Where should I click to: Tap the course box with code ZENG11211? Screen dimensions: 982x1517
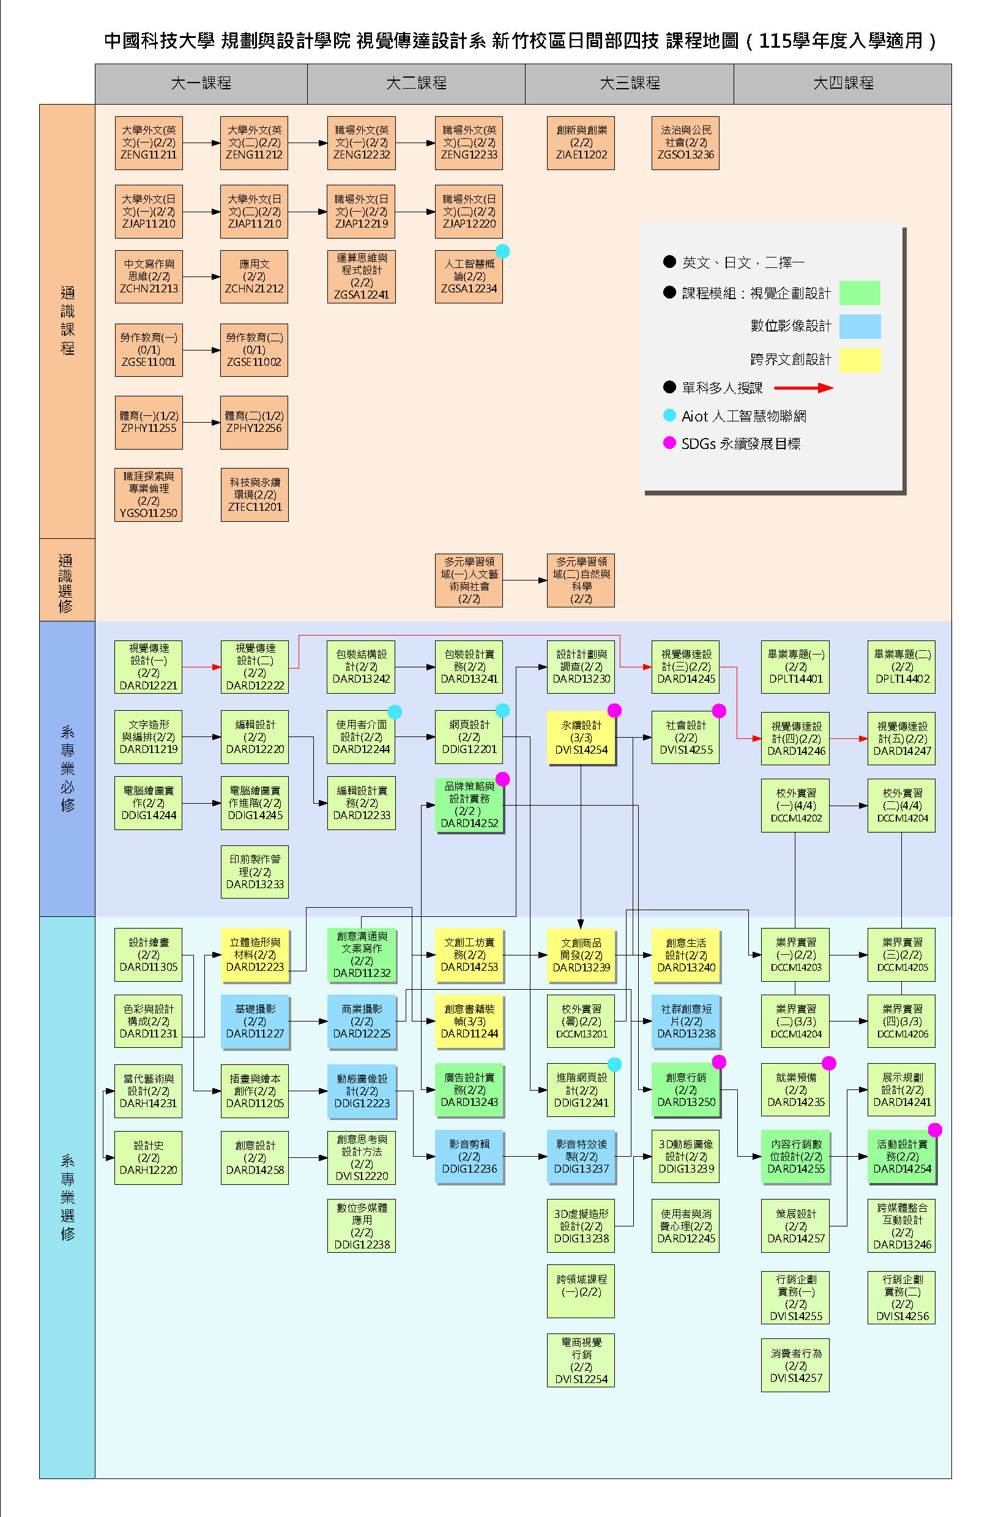tap(149, 143)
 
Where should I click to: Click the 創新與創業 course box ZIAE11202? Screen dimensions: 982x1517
tap(581, 143)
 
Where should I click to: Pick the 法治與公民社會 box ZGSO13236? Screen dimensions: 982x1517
tap(685, 143)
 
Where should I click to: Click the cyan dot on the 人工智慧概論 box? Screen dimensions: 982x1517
tap(502, 251)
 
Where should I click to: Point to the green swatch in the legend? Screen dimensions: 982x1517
tap(860, 293)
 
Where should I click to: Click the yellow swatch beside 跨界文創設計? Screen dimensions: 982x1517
tap(860, 360)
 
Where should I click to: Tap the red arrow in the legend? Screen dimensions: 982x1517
tap(803, 388)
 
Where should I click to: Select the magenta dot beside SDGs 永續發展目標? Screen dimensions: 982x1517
tap(669, 442)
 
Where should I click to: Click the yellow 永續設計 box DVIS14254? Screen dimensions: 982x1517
tap(581, 738)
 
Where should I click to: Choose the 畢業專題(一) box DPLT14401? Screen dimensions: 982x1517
tap(795, 667)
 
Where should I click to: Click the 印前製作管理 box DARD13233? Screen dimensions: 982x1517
tap(255, 872)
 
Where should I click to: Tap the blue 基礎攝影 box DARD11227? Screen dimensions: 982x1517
tap(255, 1022)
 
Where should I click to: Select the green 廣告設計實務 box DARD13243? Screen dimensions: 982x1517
tap(469, 1090)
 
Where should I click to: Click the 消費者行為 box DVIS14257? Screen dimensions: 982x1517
tap(795, 1365)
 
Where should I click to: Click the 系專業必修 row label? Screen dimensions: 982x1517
tap(67, 769)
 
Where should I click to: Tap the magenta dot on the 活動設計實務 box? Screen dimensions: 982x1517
tap(935, 1130)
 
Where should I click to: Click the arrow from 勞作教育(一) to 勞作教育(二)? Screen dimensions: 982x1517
tap(201, 350)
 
